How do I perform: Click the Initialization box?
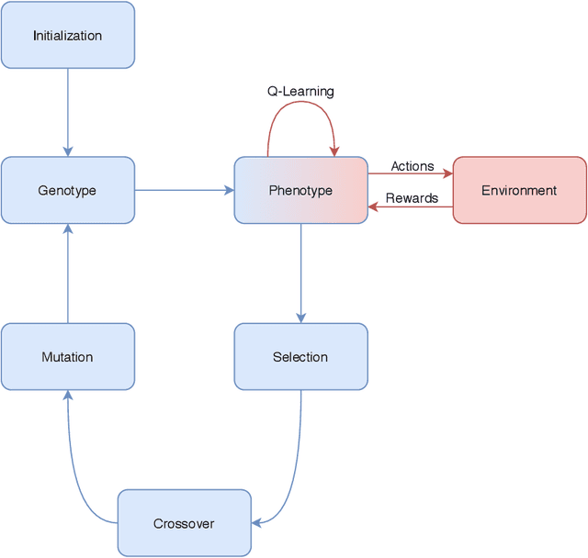tap(67, 36)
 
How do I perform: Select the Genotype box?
tap(67, 190)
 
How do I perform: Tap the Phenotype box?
tap(300, 190)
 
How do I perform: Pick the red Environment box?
tap(519, 190)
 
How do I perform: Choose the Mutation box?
tap(67, 357)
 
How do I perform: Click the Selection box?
tap(300, 357)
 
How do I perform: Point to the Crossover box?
tap(184, 523)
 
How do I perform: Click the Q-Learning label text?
tap(300, 92)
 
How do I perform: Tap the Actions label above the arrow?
tap(412, 166)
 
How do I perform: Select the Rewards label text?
tap(412, 198)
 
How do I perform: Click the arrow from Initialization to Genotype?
tap(67, 110)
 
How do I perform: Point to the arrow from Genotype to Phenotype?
tap(184, 190)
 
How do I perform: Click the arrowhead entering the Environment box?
tap(447, 173)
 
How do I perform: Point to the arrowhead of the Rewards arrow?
tap(374, 206)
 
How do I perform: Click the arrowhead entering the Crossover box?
tap(257, 523)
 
